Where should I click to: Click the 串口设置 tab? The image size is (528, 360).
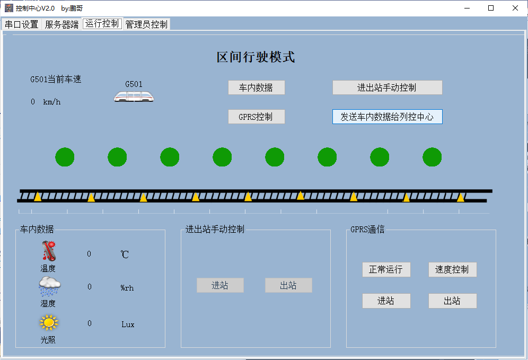coord(22,24)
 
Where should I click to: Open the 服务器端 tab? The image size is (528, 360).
coord(61,24)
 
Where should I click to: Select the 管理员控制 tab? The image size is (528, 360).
coord(146,24)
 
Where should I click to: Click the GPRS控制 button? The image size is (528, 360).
coord(256,117)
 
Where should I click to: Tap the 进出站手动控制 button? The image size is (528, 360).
coord(387,88)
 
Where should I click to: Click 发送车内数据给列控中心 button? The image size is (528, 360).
coord(387,117)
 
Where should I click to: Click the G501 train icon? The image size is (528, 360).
coord(134,96)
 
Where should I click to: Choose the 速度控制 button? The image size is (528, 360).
coord(452,269)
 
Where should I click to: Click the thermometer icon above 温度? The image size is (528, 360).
coord(49,251)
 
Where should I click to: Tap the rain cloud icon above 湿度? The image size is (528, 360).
coord(49,286)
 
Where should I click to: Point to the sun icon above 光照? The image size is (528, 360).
coord(49,322)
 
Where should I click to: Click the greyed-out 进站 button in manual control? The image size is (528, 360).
coord(220,285)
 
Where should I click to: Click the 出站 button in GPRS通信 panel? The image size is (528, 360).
coord(452,301)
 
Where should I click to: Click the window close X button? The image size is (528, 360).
coord(515,8)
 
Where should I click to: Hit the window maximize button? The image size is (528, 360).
coord(491,8)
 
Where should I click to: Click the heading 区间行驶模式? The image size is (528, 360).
coord(256,57)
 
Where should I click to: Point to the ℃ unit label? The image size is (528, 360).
coord(125,254)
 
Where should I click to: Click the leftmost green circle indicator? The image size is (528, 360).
coord(65,157)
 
